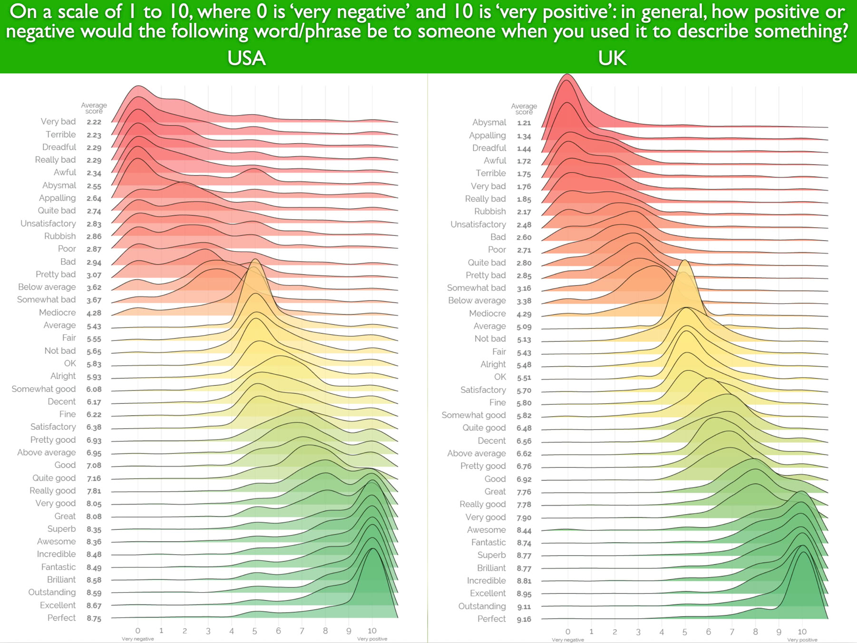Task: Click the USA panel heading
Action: [246, 58]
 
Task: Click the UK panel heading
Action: [612, 58]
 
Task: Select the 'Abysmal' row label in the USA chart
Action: [59, 185]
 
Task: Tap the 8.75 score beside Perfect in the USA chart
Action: [94, 618]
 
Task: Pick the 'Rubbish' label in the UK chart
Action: [490, 211]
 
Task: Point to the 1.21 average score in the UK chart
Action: [524, 123]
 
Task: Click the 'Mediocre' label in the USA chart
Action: [57, 312]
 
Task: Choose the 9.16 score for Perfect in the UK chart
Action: [524, 619]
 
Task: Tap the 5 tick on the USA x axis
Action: [255, 631]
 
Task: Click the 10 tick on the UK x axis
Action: [802, 632]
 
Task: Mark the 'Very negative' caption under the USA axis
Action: [137, 639]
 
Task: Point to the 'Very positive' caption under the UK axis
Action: [802, 640]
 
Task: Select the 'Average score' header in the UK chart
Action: [524, 109]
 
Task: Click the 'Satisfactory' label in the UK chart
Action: [483, 390]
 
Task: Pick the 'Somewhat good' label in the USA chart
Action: [44, 389]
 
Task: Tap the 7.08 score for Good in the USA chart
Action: [94, 465]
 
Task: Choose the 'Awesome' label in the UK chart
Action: [486, 530]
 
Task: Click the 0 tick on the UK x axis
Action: [568, 632]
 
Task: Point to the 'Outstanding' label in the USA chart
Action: [52, 592]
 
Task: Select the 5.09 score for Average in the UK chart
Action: [524, 327]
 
